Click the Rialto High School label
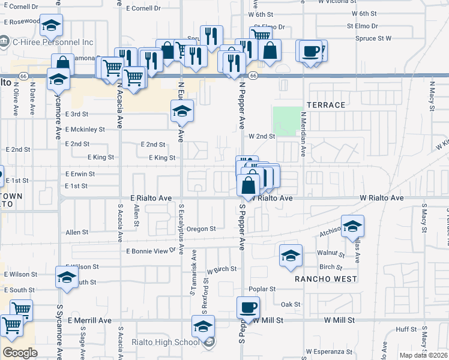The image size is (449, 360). [165, 343]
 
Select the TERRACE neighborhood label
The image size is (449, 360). [326, 105]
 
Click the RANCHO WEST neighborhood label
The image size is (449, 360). [326, 279]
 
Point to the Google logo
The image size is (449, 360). [20, 352]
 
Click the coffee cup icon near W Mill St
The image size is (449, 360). [248, 309]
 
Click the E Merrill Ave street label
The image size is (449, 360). [89, 321]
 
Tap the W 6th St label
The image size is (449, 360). [364, 13]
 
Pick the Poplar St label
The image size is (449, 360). [264, 289]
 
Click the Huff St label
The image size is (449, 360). [406, 329]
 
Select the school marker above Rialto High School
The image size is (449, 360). [203, 328]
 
